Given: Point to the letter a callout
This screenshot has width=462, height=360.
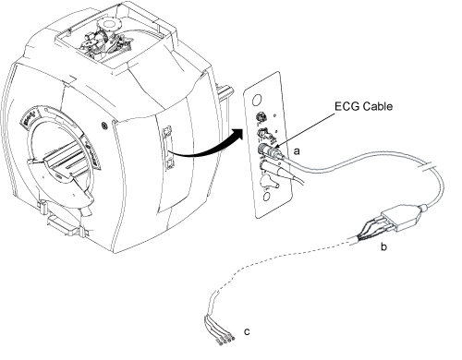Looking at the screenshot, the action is tap(297, 151).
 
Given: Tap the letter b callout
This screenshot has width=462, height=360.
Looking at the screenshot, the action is tap(383, 246).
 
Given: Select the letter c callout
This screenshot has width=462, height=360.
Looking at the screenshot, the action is tap(247, 331).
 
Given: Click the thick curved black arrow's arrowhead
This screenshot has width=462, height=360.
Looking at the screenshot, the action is tap(237, 136).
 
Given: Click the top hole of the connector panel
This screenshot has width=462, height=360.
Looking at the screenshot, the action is tap(257, 100).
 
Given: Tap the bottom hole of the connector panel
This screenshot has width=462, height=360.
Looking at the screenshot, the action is tap(267, 197).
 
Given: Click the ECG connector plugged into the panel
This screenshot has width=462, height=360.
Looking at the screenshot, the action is tap(271, 151).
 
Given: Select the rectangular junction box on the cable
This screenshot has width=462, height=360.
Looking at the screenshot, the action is tap(400, 218).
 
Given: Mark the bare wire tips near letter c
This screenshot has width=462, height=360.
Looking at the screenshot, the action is tap(226, 341).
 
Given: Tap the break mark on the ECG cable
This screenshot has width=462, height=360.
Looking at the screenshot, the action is tap(429, 168).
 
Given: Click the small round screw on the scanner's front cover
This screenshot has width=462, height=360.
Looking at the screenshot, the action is tap(104, 126).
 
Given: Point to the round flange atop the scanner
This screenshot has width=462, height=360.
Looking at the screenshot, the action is tap(108, 24).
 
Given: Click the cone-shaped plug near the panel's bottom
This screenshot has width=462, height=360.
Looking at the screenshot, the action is tap(269, 182).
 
